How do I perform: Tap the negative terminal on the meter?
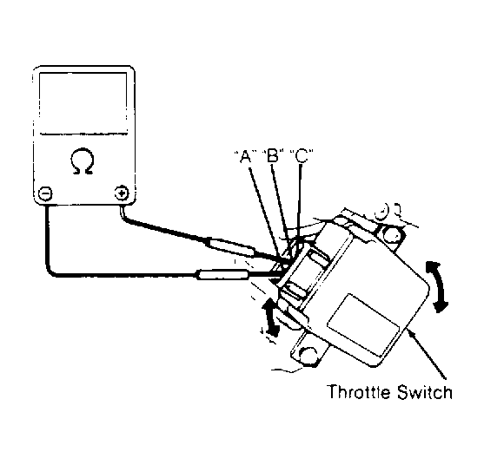coord(45,193)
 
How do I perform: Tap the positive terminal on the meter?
coord(122,193)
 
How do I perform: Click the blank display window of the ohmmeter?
coord(83,103)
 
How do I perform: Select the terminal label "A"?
coord(245,156)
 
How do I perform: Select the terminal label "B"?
coord(273,155)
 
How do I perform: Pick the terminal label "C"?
coord(301,155)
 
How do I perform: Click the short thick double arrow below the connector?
coord(270,317)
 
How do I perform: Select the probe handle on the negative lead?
coord(222,274)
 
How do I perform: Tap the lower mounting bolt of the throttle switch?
coord(308,356)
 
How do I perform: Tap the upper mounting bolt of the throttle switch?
coord(392,235)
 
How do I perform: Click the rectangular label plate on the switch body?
coord(362,324)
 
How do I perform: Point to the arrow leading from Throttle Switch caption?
coord(426,353)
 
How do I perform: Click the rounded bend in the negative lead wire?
coord(51,272)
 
